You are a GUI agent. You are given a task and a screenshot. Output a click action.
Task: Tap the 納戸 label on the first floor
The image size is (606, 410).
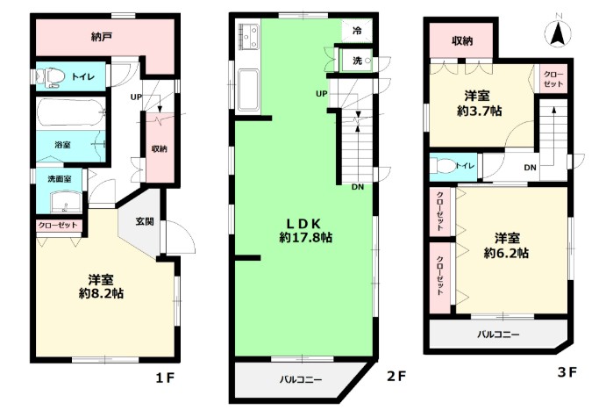point(102,37)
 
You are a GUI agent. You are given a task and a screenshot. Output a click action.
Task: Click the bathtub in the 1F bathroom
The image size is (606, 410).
point(71,112)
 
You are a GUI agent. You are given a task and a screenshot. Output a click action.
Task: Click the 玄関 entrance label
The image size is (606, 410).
point(145,221)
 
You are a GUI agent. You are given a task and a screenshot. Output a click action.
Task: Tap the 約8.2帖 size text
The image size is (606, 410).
point(101,293)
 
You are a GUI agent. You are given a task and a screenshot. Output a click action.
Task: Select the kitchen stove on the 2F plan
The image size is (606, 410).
point(248,37)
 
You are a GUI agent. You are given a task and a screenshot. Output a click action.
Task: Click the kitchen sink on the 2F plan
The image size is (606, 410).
point(248,90)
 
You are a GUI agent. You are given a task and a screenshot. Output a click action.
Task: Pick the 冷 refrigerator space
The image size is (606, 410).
point(357,31)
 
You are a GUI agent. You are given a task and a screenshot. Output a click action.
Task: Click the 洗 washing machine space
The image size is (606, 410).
point(356,61)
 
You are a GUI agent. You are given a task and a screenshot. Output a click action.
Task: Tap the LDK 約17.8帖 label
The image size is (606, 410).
point(305,230)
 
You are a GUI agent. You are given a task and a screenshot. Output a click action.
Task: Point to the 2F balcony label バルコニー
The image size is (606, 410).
point(301,380)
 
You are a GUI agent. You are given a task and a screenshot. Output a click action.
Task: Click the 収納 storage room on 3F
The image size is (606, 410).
point(462,40)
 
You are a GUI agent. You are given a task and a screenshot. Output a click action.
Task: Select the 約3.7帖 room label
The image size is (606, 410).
point(480,111)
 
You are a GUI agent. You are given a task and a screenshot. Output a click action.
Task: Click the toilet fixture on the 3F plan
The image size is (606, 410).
point(443,166)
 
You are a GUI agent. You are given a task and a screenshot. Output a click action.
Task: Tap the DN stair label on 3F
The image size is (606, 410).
point(531,168)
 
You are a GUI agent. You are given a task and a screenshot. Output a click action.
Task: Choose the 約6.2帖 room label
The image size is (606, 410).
point(507,253)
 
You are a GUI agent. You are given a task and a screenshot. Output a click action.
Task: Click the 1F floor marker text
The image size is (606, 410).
point(166,378)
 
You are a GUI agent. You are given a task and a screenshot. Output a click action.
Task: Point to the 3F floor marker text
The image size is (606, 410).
point(567,372)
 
